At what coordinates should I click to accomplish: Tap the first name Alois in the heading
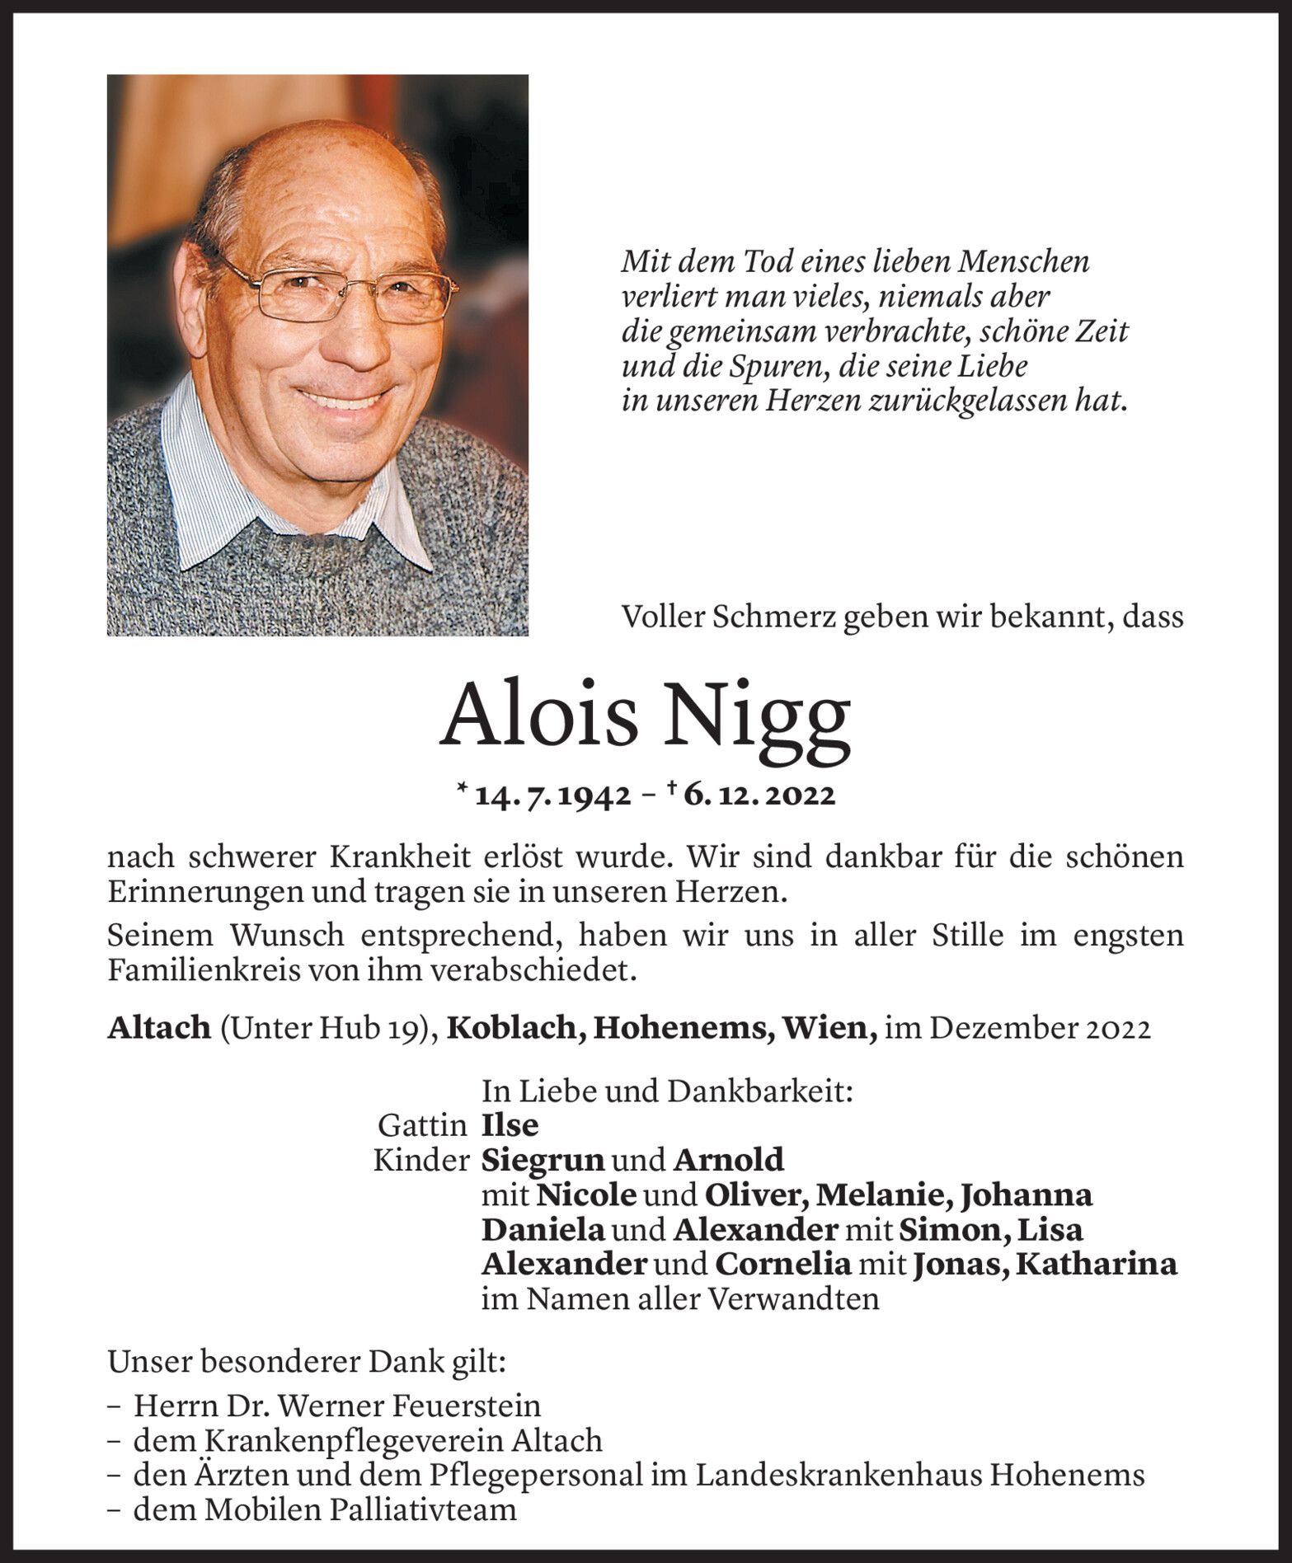pos(540,715)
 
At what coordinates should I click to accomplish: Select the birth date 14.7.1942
pos(555,795)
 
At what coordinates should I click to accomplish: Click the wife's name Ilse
pos(510,1125)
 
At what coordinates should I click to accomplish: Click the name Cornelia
pos(782,1264)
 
